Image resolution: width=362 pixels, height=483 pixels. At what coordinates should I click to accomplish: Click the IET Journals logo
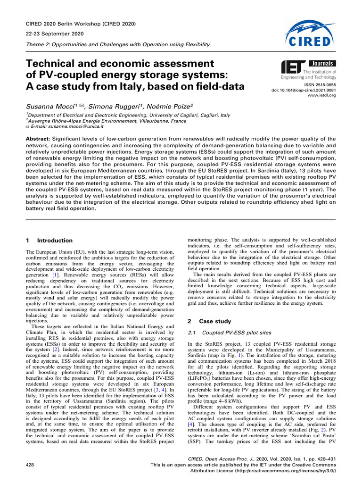tap(308, 69)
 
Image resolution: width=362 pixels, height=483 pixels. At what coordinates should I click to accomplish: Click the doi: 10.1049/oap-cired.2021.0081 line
tap(310, 90)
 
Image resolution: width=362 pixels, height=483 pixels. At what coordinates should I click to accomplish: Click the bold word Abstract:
tap(39, 139)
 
